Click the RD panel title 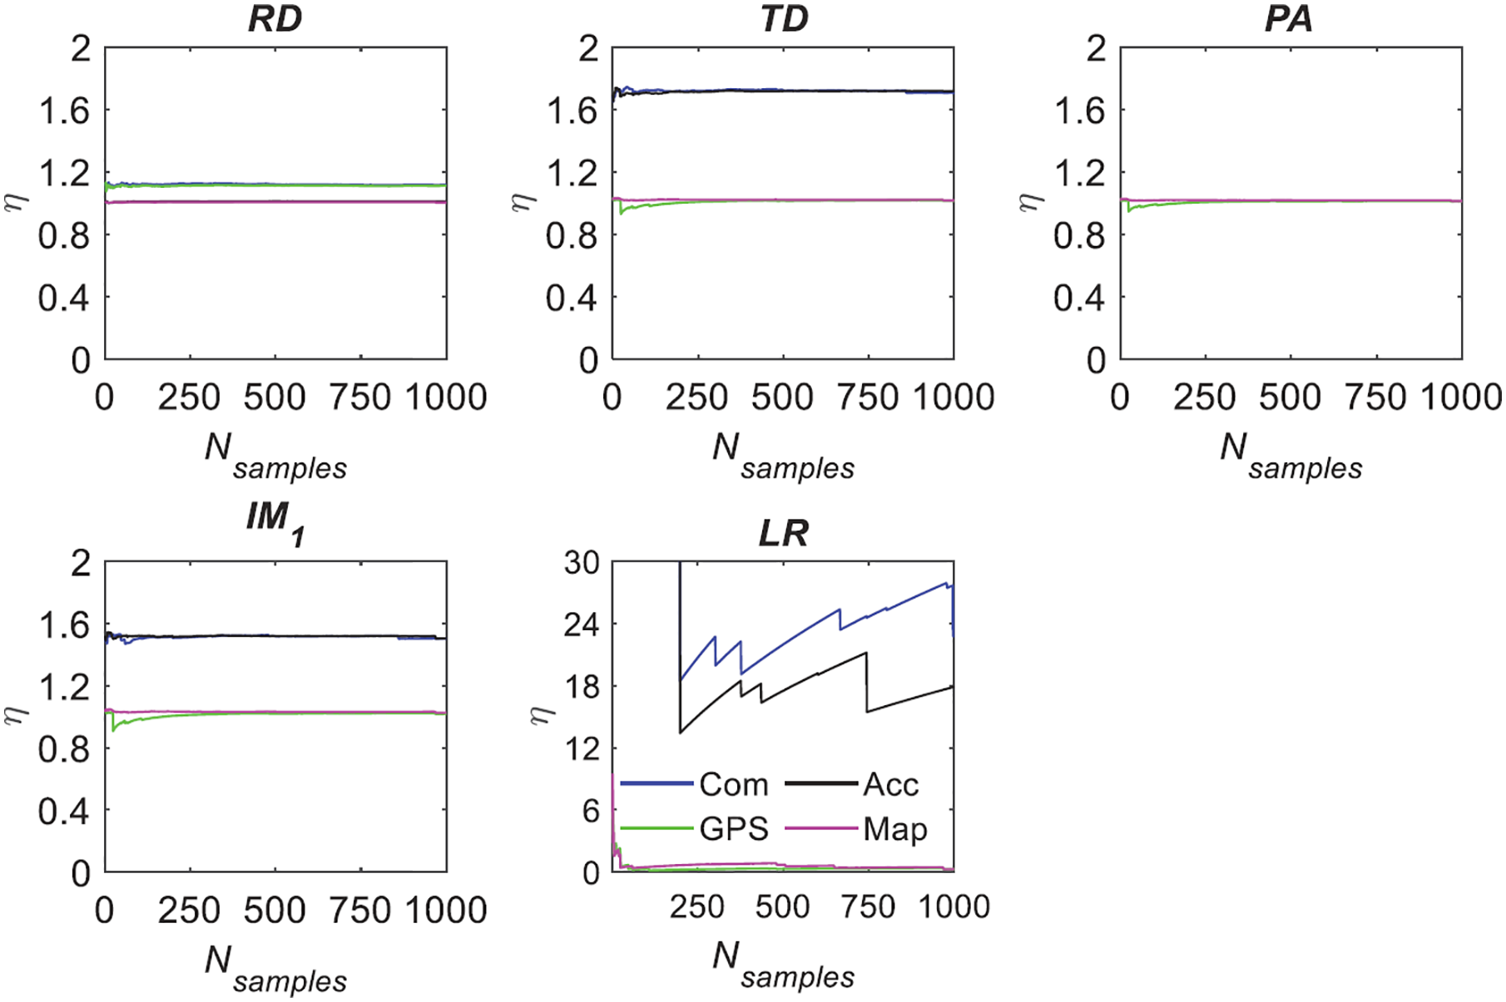275,18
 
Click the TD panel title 784,18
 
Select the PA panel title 1289,18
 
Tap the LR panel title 784,533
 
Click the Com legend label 733,784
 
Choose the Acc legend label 891,784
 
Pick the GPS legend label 734,829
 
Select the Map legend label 895,829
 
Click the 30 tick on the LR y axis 582,563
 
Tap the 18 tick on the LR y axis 582,687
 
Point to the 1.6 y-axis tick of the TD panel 572,111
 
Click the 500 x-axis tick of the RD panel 275,397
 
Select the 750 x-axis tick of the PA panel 1376,397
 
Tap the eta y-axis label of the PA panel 1030,202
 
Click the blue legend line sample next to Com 657,784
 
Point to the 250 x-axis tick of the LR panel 697,906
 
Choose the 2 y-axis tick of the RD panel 80,49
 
